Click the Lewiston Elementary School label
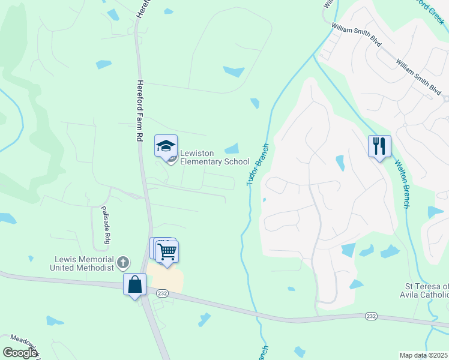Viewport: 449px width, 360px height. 214,158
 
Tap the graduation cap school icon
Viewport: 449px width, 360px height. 166,146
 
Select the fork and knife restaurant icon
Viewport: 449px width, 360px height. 379,146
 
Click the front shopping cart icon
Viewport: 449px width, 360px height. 167,251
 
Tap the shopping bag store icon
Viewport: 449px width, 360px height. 135,284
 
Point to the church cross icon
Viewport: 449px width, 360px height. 122,262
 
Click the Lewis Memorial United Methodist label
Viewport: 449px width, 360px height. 84,263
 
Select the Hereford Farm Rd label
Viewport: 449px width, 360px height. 139,111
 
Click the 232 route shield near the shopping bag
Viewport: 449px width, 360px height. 161,293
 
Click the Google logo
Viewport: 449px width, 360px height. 19,352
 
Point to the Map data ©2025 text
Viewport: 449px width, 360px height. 423,355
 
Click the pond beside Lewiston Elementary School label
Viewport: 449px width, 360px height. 232,148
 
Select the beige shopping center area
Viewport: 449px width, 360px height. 165,277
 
